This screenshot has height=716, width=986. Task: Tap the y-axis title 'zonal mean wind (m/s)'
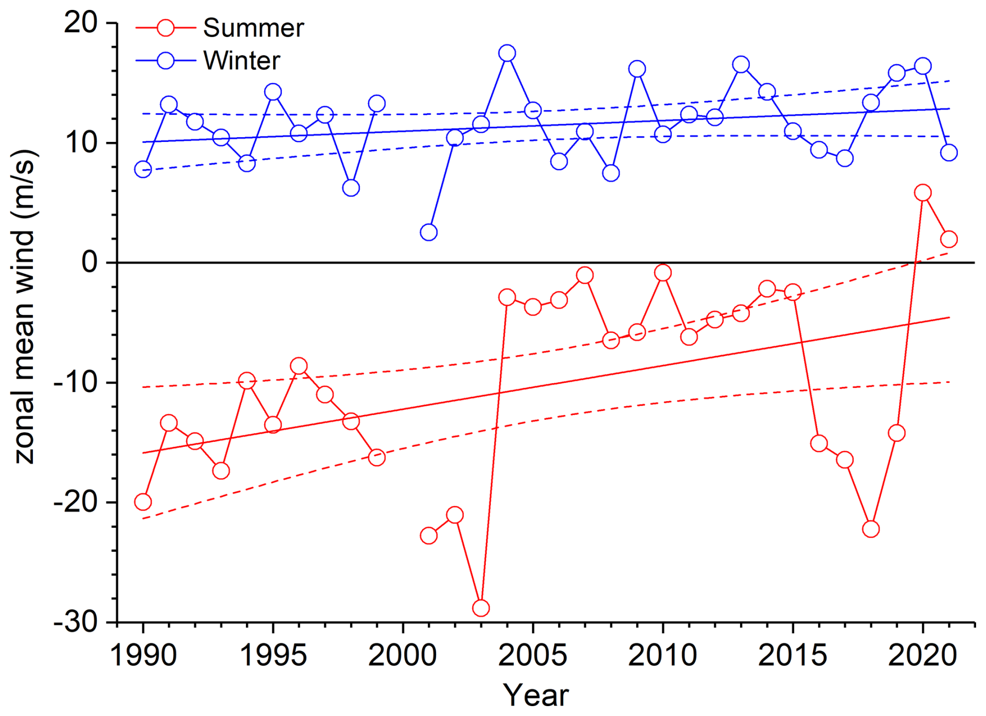coord(24,307)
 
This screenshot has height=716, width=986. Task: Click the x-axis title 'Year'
coord(535,695)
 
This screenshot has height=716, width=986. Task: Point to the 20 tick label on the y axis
coord(81,23)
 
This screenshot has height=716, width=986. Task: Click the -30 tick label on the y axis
coord(76,622)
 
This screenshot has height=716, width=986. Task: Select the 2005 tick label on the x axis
coord(533,655)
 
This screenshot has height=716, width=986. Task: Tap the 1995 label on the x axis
coord(273,655)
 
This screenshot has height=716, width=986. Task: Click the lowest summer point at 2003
coord(480,608)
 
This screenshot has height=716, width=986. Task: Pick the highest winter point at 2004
coord(507,53)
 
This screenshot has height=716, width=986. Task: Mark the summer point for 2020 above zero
coord(922,193)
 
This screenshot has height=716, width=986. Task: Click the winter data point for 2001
coord(428,232)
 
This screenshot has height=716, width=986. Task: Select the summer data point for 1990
coord(143,502)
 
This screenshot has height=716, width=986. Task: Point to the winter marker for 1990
coord(143,169)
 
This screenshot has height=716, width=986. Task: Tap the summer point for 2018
coord(871,529)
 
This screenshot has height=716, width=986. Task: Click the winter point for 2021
coord(948,153)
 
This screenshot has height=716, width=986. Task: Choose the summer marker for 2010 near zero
coord(662,273)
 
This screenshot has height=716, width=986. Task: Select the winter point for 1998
coord(351,188)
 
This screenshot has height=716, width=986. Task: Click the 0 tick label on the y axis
coord(90,262)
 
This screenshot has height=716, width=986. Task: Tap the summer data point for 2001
coord(428,536)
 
